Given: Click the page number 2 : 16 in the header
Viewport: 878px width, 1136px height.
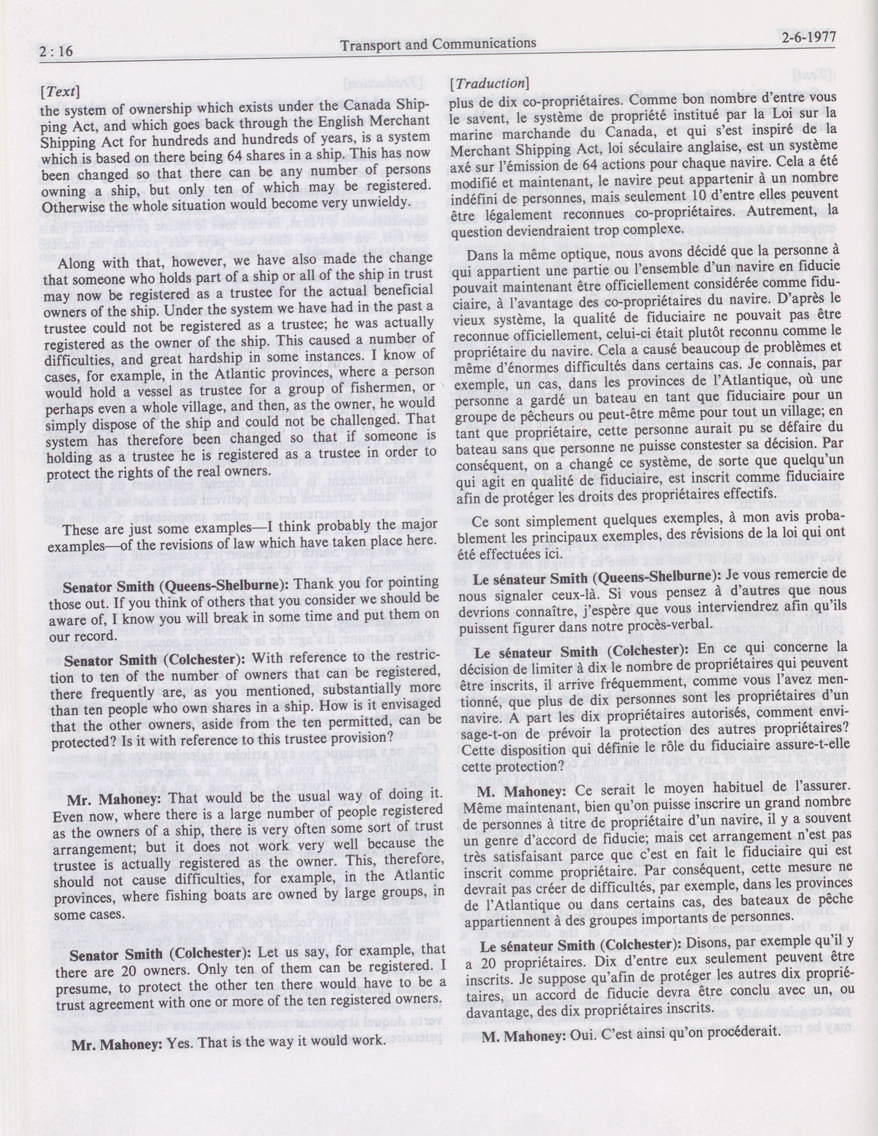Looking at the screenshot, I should click(x=56, y=50).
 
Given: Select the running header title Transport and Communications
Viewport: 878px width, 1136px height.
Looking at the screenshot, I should click(x=437, y=44).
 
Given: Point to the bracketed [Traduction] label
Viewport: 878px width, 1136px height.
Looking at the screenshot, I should click(x=489, y=83).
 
